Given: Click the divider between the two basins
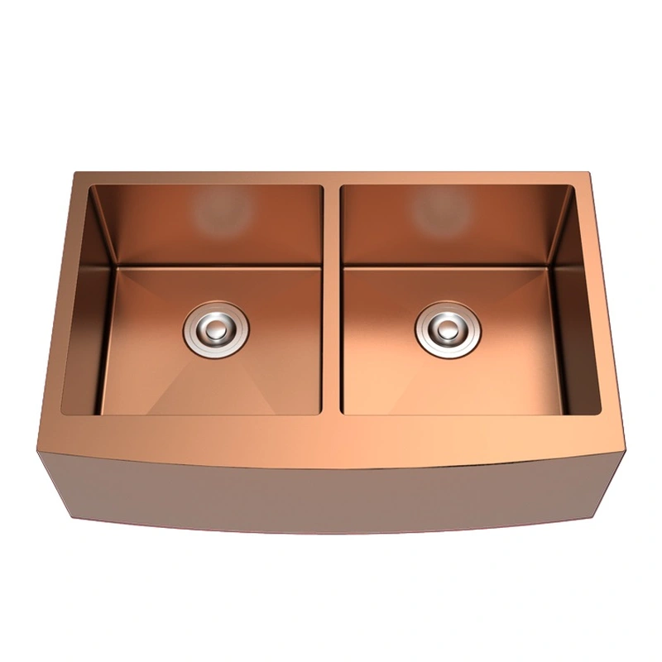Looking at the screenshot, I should [x=331, y=298].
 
